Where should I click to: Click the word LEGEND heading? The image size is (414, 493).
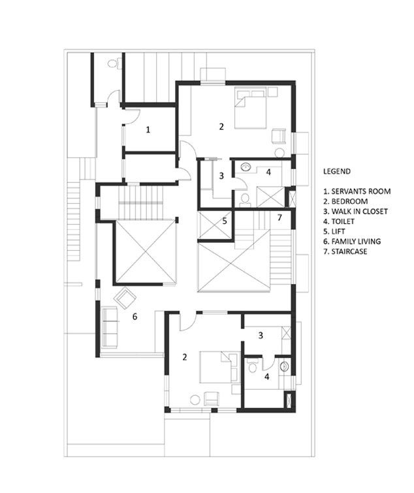(337, 171)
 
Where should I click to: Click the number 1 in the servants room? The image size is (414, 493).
(148, 129)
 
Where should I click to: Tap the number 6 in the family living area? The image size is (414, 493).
(135, 316)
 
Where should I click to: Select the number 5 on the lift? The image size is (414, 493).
(225, 221)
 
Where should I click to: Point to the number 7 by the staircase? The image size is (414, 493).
(279, 217)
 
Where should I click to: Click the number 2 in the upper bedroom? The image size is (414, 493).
(221, 127)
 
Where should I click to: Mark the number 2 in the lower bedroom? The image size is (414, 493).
(185, 357)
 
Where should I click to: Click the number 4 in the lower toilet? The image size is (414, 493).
(267, 376)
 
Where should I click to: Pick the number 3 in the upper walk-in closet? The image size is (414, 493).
(221, 176)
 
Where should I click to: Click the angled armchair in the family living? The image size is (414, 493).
(125, 297)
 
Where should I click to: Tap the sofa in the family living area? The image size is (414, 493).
(110, 327)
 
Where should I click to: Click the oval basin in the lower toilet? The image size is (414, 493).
(284, 367)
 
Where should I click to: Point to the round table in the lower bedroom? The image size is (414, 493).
(195, 400)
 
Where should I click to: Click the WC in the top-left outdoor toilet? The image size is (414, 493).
(114, 63)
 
